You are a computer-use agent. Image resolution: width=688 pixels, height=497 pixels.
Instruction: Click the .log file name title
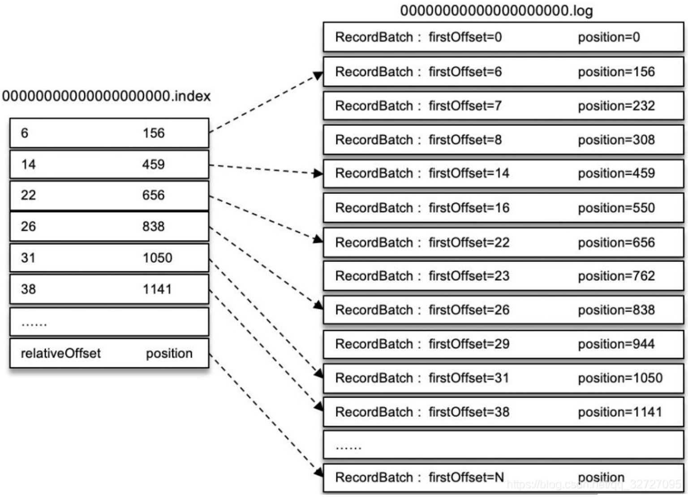[x=496, y=11]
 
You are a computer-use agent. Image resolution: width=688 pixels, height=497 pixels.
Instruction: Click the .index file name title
[x=106, y=96]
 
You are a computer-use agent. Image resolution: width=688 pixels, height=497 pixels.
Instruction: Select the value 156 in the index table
[x=154, y=133]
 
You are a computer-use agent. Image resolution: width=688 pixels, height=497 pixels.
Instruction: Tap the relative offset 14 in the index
[x=28, y=164]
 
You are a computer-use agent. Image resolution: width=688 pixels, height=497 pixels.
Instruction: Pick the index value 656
[x=154, y=195]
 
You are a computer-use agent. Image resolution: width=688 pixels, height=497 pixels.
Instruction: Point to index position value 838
[x=154, y=226]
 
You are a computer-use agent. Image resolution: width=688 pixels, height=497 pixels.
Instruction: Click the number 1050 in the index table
[x=158, y=257]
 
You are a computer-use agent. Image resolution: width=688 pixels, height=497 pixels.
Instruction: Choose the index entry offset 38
[x=28, y=289]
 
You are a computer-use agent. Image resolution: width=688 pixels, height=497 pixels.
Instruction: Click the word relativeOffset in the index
[x=60, y=353]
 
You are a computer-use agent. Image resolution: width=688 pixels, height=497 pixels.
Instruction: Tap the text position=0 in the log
[x=609, y=37]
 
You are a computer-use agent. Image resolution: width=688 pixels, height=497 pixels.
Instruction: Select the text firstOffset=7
[x=465, y=106]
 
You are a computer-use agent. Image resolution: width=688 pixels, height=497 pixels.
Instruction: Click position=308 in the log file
[x=616, y=140]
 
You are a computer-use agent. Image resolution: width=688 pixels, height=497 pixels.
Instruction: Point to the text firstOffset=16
[x=469, y=208]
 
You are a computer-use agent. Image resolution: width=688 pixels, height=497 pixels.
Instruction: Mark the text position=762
[x=616, y=276]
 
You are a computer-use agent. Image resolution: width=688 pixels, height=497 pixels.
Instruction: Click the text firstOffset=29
[x=469, y=344]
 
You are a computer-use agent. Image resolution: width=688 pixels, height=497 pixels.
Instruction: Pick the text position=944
[x=616, y=344]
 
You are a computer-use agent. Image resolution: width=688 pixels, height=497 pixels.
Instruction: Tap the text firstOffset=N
[x=466, y=477]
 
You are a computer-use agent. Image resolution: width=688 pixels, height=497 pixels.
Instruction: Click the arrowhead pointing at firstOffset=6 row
[x=318, y=76]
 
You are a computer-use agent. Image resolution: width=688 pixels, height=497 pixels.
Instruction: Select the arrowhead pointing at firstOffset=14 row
[x=318, y=173]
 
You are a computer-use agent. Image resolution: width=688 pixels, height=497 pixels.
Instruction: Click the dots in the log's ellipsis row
[x=348, y=448]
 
